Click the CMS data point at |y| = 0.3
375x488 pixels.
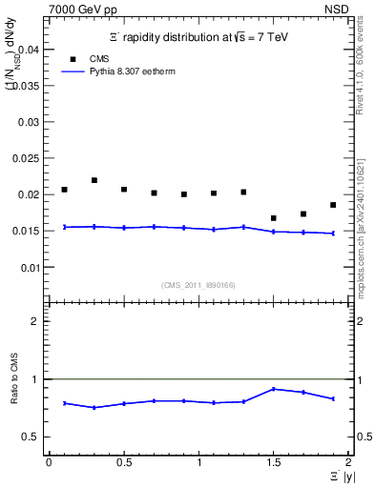94,180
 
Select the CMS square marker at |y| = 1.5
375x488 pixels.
274,218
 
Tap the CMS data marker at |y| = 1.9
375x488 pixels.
333,205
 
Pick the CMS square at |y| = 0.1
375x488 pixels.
64,190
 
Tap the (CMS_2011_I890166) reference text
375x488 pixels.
198,285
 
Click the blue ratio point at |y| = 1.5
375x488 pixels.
274,389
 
